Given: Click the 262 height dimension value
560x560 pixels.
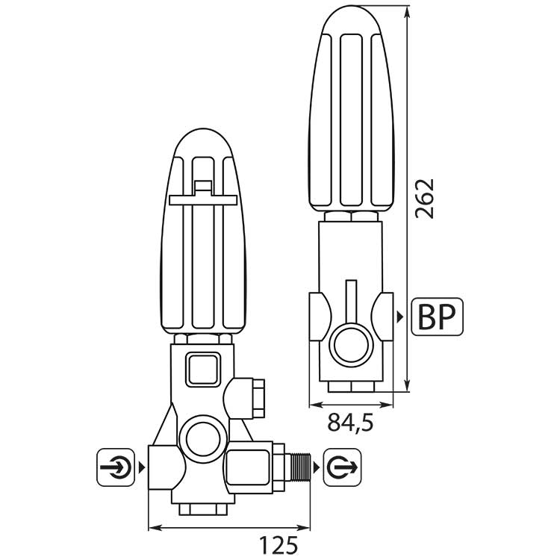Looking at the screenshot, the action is [425, 199].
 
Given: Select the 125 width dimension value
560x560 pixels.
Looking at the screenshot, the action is [279, 545].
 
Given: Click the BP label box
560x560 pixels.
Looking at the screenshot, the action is [437, 317].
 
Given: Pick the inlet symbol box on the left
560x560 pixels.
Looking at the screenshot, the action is [116, 467].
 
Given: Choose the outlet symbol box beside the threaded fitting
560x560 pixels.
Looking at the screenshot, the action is [342, 467].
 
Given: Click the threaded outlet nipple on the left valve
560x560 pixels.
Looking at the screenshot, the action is [300, 467].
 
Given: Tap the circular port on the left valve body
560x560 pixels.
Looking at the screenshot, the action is [203, 438].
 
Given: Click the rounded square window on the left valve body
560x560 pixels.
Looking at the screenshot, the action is [203, 369].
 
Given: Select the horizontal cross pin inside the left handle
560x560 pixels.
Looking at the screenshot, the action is [203, 200].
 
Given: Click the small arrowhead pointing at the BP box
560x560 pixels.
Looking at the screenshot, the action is [400, 317].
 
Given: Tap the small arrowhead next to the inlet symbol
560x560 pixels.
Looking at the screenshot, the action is [142, 467].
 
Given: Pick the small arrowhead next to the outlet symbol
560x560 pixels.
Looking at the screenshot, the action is [317, 467].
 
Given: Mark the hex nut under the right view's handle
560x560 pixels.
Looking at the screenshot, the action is [351, 217].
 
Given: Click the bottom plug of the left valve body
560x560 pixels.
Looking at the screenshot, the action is [203, 509].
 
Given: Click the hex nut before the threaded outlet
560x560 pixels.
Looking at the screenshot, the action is [279, 467].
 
